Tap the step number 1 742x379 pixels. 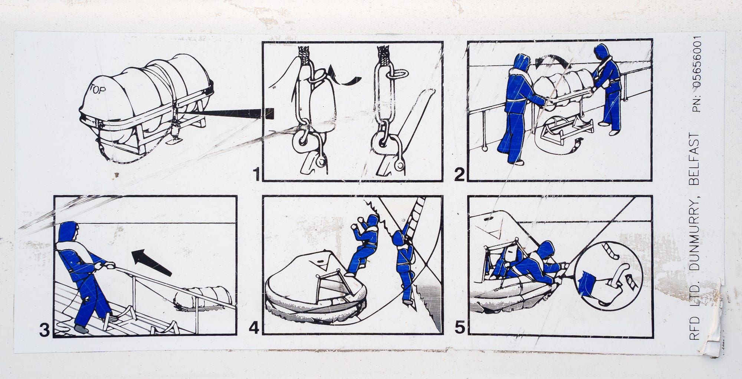pyautogui.click(x=256, y=174)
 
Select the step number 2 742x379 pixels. pyautogui.click(x=459, y=174)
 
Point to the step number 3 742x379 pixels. pyautogui.click(x=44, y=330)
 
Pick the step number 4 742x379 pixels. pyautogui.click(x=254, y=328)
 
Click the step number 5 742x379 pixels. pyautogui.click(x=459, y=328)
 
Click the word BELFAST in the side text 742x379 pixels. pyautogui.click(x=693, y=159)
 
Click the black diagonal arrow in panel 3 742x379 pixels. pyautogui.click(x=151, y=262)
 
